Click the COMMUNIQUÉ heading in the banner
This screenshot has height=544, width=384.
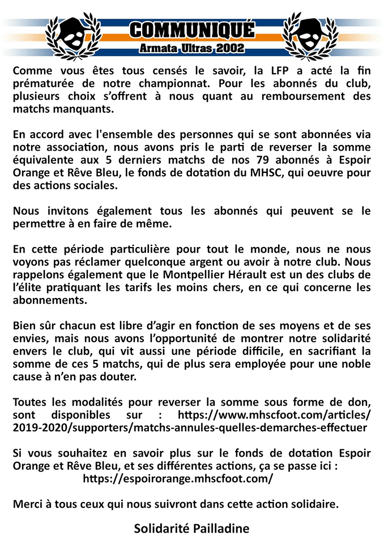[191, 29]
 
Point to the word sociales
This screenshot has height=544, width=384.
[99, 185]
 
